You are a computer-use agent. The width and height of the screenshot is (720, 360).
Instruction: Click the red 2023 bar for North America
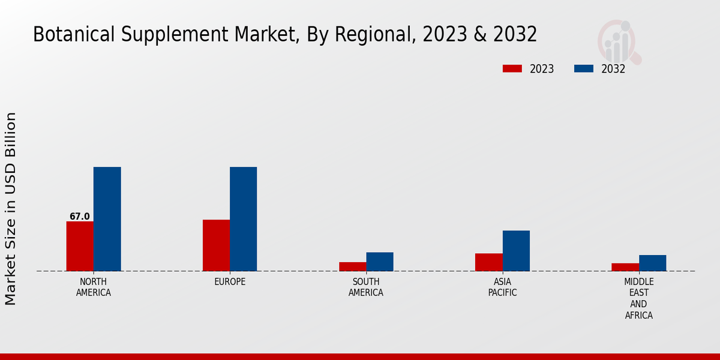click(80, 246)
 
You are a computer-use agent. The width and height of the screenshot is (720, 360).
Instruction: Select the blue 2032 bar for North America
click(107, 219)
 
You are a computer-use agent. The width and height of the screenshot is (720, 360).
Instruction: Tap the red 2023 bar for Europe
click(216, 245)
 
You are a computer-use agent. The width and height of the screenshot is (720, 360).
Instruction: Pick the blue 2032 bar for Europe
click(243, 219)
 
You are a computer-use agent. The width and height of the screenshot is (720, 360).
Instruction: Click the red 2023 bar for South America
click(352, 266)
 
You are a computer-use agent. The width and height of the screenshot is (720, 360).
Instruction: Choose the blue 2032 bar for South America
click(380, 262)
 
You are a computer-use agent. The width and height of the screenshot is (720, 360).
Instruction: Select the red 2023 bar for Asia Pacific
click(488, 262)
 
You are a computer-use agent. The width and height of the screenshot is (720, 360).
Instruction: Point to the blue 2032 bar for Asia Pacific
click(516, 251)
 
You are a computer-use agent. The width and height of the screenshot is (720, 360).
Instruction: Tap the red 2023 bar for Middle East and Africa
click(625, 267)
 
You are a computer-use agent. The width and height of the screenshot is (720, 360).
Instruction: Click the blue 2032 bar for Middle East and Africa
click(652, 263)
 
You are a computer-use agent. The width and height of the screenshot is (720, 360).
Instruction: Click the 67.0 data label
click(79, 217)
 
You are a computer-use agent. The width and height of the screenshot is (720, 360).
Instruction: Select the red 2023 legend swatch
click(512, 68)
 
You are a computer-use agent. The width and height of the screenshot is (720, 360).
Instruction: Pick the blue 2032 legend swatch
click(583, 68)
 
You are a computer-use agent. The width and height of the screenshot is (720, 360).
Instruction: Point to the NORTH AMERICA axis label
click(94, 287)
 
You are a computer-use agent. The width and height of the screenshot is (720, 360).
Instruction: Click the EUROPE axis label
click(230, 282)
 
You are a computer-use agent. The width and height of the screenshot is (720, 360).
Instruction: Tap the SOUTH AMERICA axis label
click(366, 287)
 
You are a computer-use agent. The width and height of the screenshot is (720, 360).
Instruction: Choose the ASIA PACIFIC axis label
click(502, 287)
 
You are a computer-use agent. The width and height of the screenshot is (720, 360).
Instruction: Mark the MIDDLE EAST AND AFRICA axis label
click(638, 298)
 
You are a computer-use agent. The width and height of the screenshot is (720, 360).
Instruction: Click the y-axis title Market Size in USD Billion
click(11, 208)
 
